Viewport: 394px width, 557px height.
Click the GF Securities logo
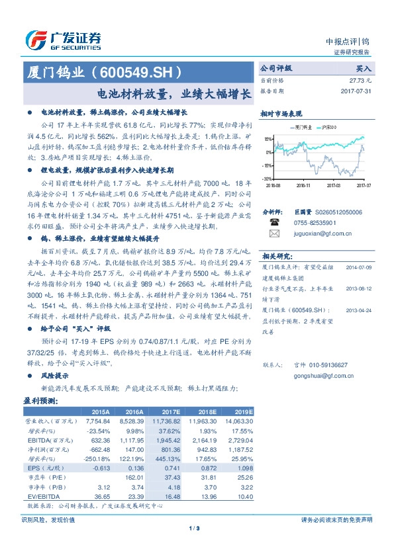click(62, 40)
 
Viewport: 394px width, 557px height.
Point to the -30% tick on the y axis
click(266, 179)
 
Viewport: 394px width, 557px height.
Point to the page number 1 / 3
click(197, 527)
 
